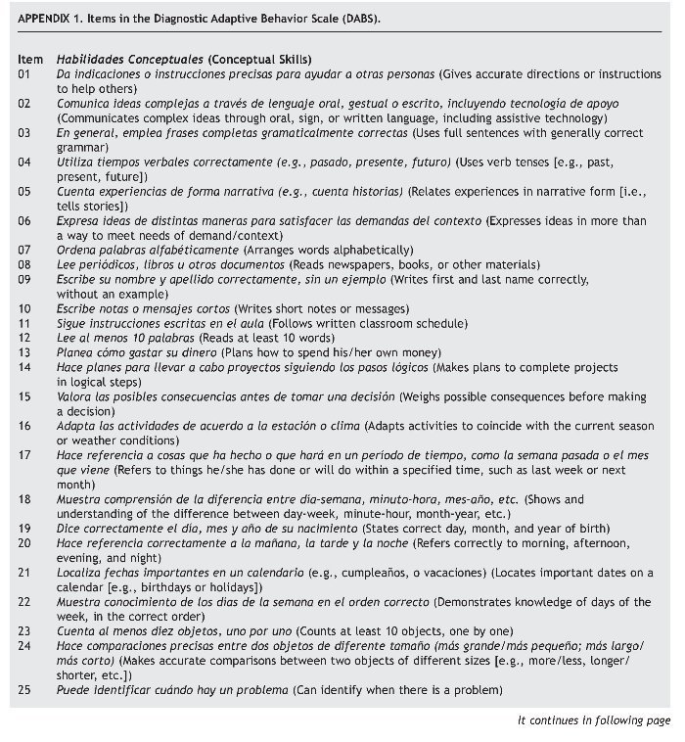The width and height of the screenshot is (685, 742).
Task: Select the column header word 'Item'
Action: tap(29, 60)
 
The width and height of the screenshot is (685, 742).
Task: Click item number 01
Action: tap(24, 74)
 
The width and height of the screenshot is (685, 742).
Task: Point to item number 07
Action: tap(24, 251)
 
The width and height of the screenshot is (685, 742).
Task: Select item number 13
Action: tap(24, 351)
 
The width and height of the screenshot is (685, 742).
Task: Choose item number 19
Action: tap(24, 528)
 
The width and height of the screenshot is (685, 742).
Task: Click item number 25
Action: tap(24, 691)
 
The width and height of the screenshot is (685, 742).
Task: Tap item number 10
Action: tap(24, 308)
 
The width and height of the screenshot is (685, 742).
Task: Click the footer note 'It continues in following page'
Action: tap(594, 720)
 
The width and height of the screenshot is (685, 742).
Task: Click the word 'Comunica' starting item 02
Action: tap(82, 103)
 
